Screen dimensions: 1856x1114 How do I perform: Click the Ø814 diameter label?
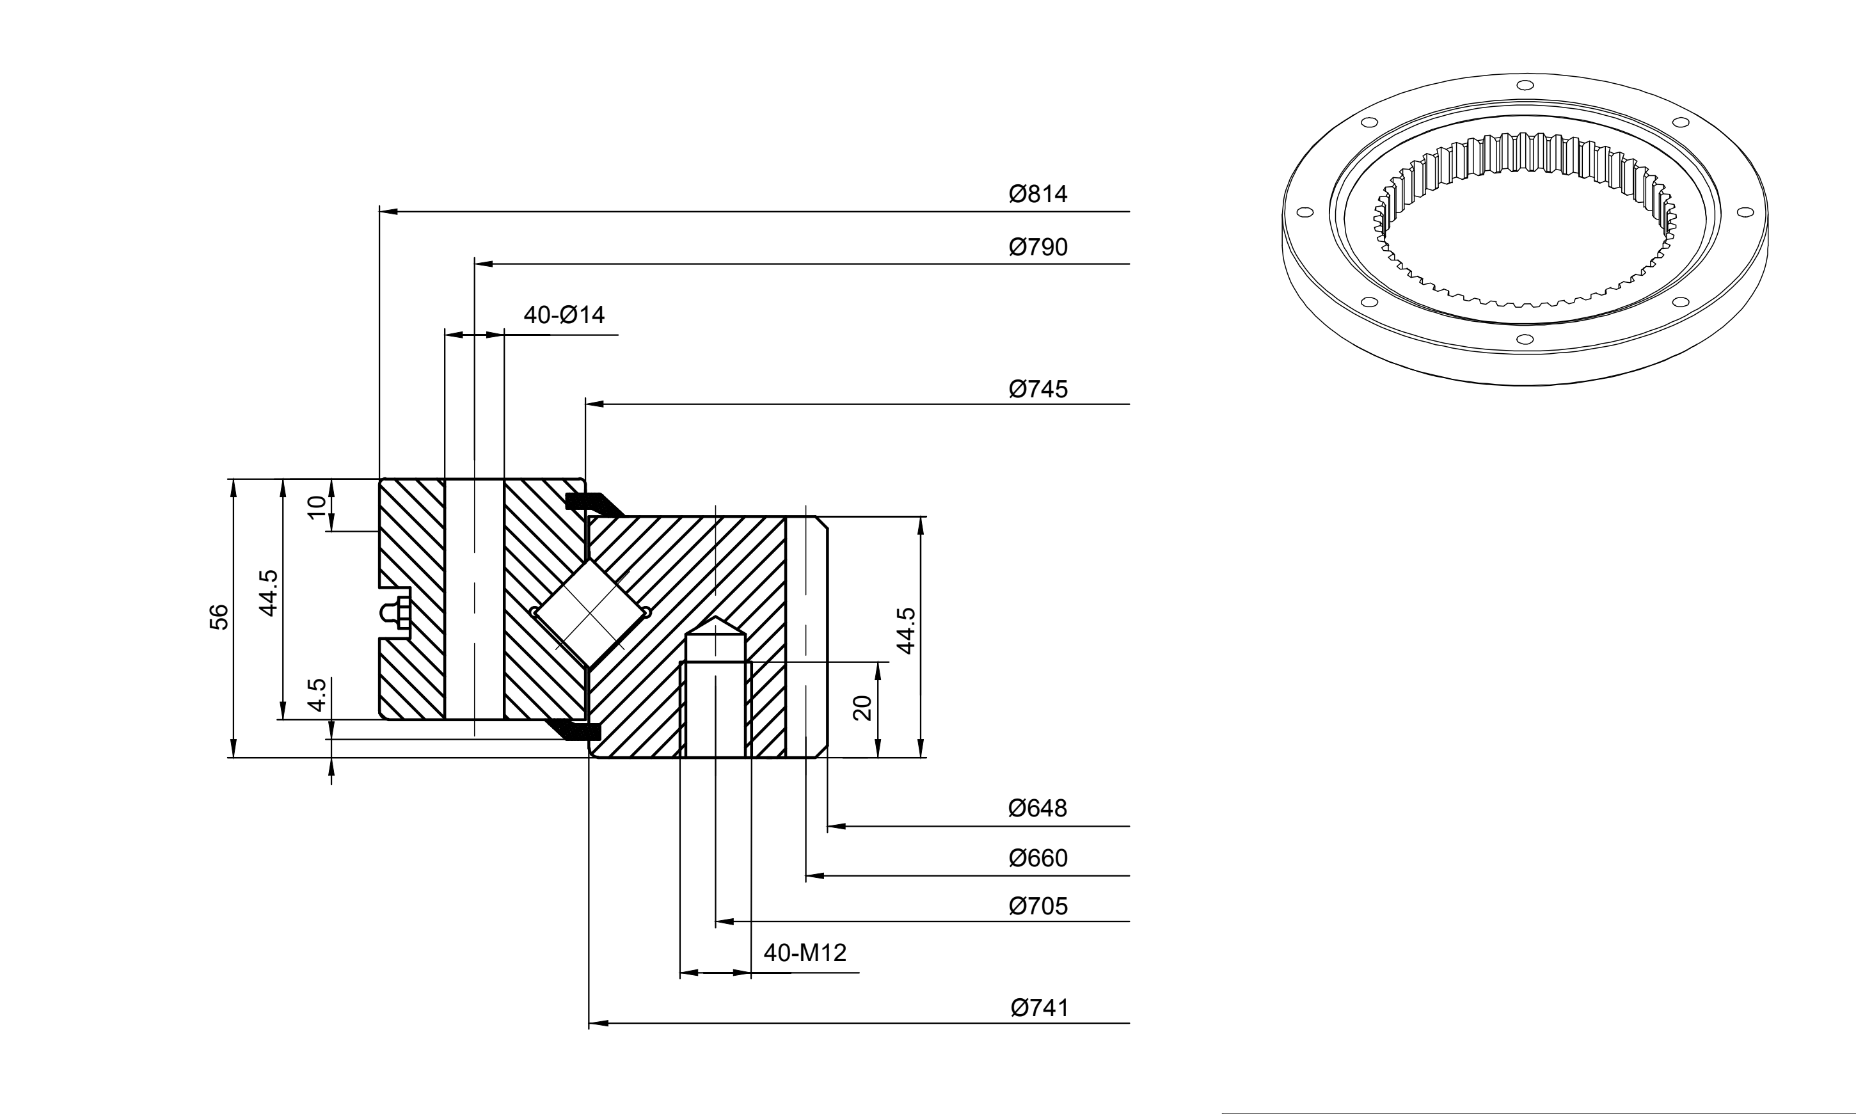(x=1038, y=194)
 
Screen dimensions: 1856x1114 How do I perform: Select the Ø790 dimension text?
(x=1038, y=247)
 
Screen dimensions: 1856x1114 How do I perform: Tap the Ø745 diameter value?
(x=1038, y=389)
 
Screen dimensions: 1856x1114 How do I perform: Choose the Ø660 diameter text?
(x=1038, y=857)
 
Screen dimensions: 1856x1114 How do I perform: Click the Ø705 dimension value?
(x=1038, y=906)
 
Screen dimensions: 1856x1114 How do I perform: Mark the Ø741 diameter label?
(x=1040, y=1007)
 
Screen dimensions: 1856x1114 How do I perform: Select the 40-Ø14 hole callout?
(x=564, y=315)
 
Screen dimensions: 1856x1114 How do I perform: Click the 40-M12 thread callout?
(x=805, y=953)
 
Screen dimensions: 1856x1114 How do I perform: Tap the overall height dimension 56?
(x=218, y=616)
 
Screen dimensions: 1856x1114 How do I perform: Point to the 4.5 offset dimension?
(x=317, y=694)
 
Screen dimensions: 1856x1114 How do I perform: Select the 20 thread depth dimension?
(x=862, y=708)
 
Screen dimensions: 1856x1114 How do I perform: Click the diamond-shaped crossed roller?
(x=590, y=613)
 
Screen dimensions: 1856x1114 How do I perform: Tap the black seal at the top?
(x=594, y=504)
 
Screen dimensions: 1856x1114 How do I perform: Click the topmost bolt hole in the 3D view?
(x=1525, y=85)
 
